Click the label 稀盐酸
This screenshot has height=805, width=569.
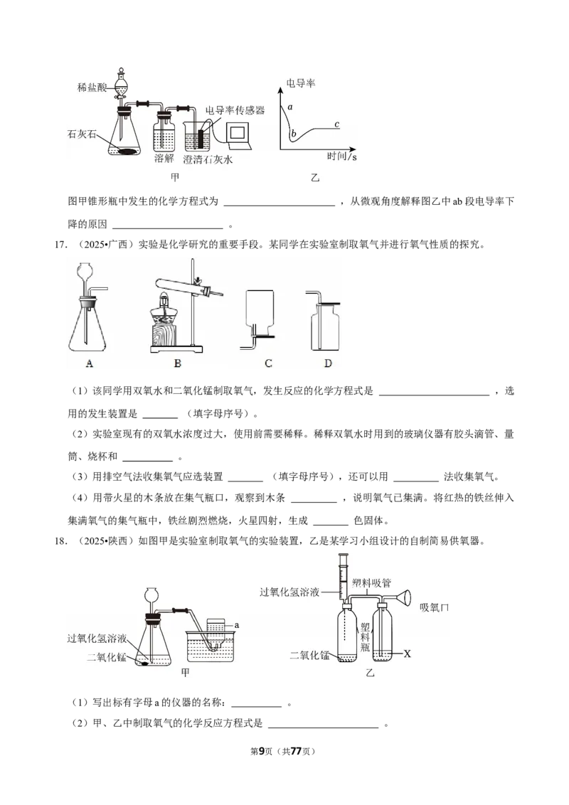coord(93,87)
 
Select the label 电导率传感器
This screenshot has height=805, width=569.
coord(235,110)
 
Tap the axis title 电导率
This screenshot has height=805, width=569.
coord(300,83)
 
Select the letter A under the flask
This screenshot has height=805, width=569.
coord(89,363)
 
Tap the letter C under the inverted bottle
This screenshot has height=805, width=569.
coord(268,363)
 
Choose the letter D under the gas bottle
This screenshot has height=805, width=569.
coord(327,363)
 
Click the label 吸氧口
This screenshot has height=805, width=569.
coord(434,607)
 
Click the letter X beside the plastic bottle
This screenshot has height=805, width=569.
coord(407,653)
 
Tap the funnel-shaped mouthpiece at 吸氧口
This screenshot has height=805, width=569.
coord(403,597)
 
